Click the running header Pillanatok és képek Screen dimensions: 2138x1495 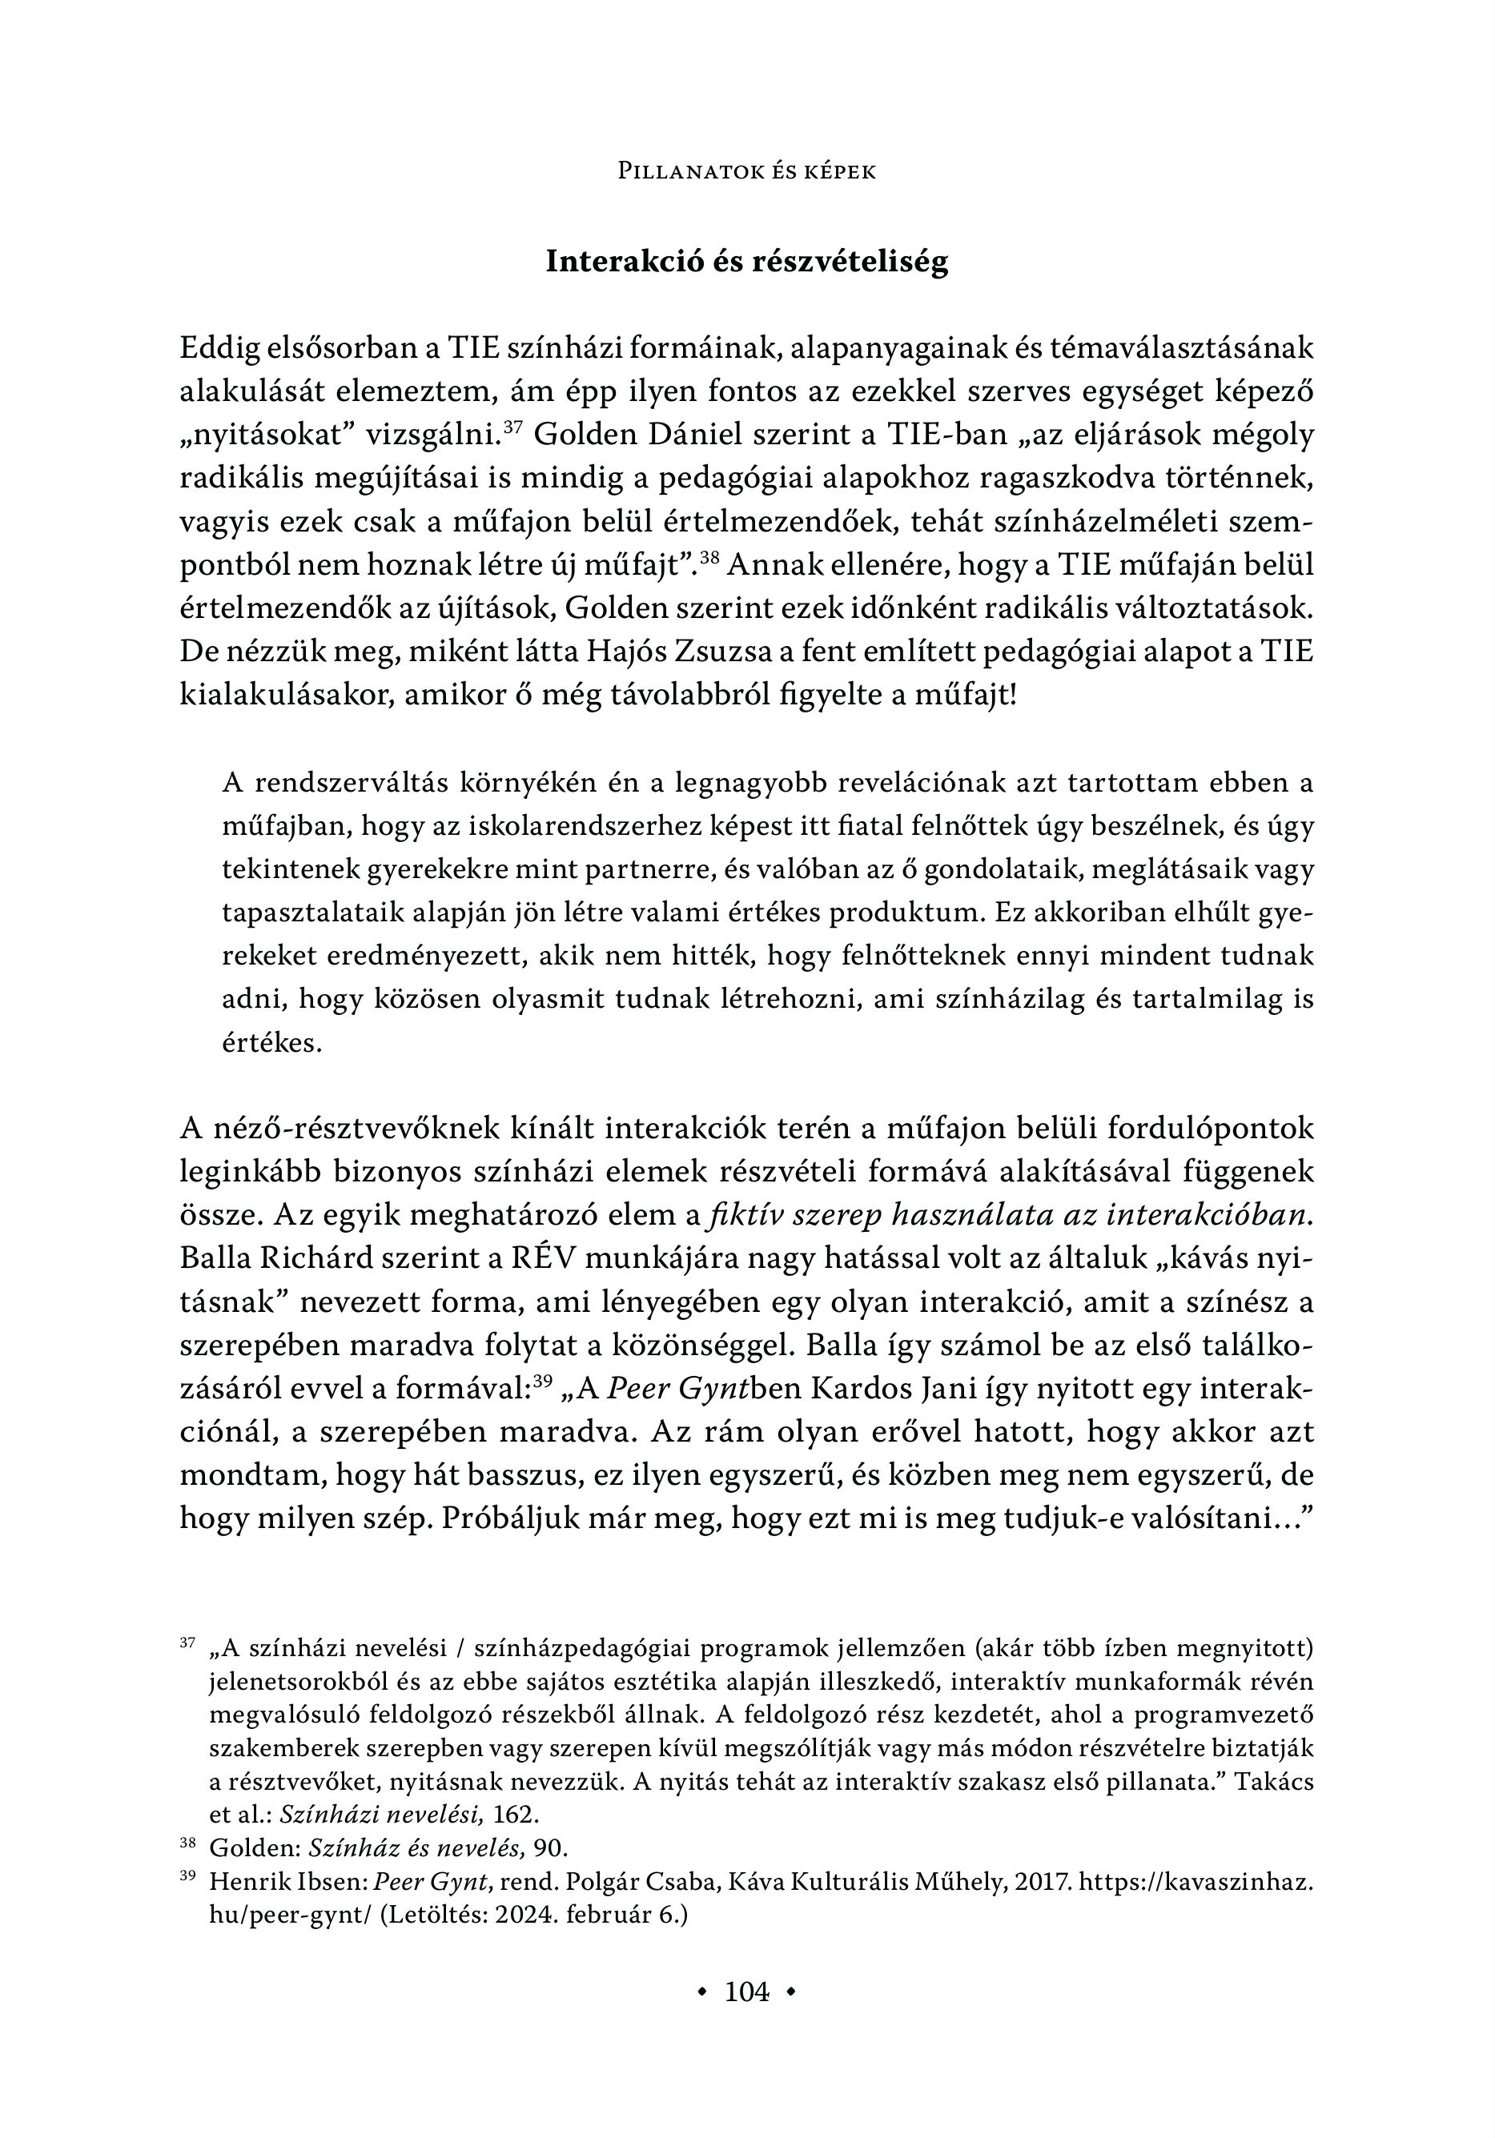(x=747, y=172)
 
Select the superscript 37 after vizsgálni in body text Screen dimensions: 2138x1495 (x=512, y=427)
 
